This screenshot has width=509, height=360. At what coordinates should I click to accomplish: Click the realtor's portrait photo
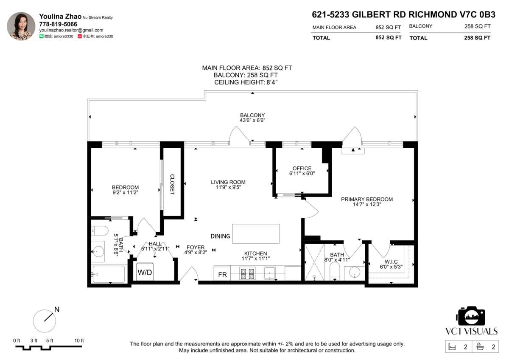point(21,26)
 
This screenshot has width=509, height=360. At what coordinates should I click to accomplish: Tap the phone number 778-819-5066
point(58,24)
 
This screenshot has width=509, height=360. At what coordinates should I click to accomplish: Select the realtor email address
point(71,30)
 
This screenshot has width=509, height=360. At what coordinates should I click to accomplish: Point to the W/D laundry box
point(145,272)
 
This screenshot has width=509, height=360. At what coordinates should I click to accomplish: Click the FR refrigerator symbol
point(222,275)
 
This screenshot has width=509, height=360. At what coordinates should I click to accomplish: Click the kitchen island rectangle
point(256,233)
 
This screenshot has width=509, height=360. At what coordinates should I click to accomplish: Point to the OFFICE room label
point(302,169)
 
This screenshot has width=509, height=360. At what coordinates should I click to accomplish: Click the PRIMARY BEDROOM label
point(367,199)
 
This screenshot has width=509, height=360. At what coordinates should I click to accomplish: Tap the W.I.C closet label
point(391,262)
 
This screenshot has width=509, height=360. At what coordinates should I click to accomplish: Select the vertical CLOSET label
point(172,184)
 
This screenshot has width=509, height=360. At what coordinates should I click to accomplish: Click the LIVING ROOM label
point(228,182)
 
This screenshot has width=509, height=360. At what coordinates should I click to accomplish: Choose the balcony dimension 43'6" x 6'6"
point(252,120)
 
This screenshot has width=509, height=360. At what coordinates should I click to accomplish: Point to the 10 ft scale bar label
point(79,340)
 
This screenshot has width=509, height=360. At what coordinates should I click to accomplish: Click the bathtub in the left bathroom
point(109,274)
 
